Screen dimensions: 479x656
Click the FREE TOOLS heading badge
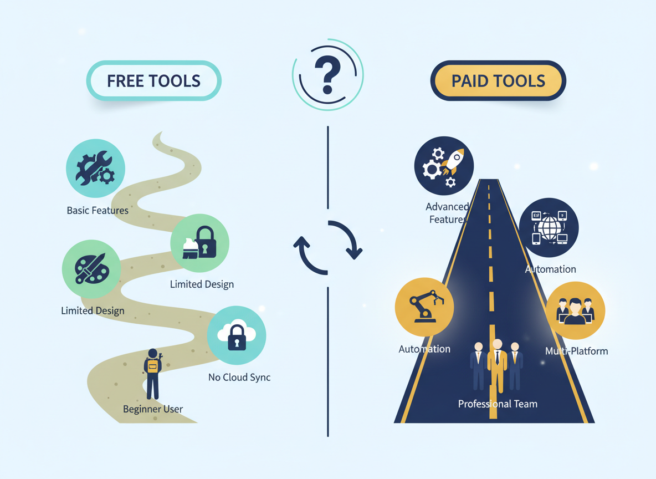point(153,81)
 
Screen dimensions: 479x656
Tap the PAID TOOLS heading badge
point(498,81)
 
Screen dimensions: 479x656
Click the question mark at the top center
point(327,75)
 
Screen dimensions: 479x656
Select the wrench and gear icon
point(95,169)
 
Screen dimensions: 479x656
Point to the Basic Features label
point(98,211)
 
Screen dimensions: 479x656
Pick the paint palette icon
point(91,269)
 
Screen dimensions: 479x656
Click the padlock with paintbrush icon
point(199,243)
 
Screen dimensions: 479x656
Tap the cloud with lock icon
point(237,335)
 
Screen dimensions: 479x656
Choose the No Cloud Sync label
point(239,378)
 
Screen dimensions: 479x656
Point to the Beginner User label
point(153,409)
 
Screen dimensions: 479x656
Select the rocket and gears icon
point(444,166)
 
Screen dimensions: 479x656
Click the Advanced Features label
point(447,213)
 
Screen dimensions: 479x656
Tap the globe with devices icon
point(549,228)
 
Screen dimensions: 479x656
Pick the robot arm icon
point(424,307)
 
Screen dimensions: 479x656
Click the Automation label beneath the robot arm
point(424,349)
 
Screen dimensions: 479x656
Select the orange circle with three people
point(575,310)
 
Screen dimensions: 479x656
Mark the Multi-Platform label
point(576,351)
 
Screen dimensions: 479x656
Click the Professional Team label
point(498,404)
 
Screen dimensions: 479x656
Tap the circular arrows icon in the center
point(327,248)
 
